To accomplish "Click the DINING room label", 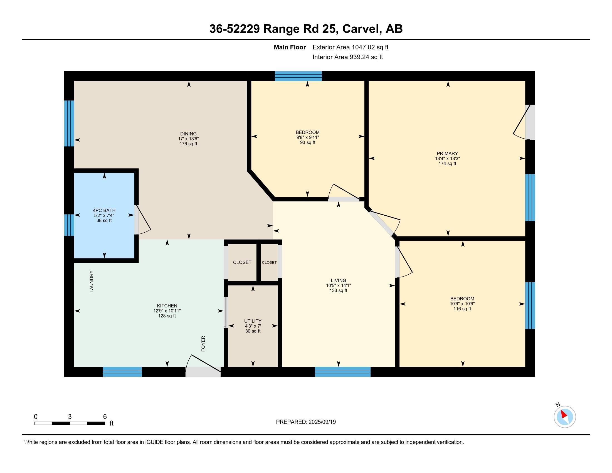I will pos(188,134).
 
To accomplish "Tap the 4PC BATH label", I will pos(104,210).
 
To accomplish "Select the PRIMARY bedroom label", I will pos(447,153).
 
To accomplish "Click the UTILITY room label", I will pos(253,321).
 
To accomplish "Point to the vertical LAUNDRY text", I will pos(92,281).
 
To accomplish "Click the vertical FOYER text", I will pos(203,344).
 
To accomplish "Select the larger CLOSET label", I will pos(242,262).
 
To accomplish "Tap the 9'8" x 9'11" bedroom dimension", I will pos(307,137).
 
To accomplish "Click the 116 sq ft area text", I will pos(462,309).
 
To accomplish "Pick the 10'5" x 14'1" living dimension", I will pos(338,285).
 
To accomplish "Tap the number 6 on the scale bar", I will pos(105,417).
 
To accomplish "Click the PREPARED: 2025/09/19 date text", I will pos(306,422).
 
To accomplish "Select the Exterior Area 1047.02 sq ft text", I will pos(350,47).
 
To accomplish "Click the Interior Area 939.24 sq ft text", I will pos(347,57).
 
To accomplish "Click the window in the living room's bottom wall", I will pos(342,372).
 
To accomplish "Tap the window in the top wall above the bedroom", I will pos(298,76).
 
